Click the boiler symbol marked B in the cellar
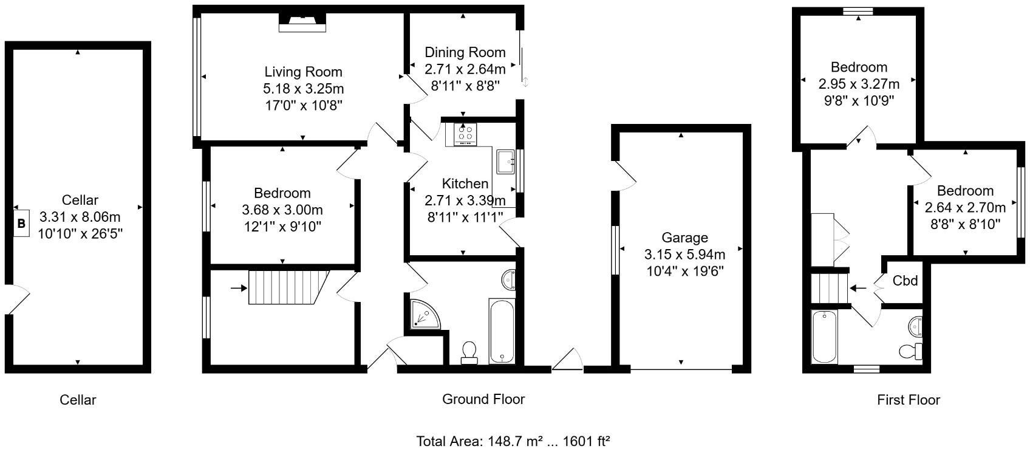[21, 224]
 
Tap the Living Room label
[303, 72]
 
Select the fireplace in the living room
[302, 23]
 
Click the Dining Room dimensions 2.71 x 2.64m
[465, 69]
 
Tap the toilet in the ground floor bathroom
[469, 352]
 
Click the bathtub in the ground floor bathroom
[502, 330]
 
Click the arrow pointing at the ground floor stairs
[239, 287]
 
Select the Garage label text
[684, 238]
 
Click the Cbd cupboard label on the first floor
[905, 281]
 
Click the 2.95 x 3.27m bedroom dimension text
[859, 83]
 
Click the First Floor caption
[908, 400]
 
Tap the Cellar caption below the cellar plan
[78, 400]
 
